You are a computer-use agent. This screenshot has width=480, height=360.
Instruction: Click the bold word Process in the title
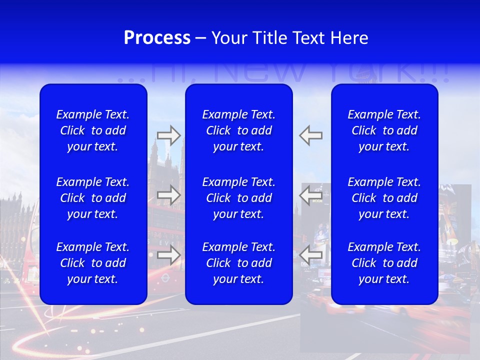(157, 38)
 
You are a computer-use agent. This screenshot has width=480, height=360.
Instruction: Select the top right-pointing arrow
(168, 135)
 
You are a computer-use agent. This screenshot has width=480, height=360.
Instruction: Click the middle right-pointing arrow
(168, 195)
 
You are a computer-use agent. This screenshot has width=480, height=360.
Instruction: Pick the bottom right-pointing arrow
(168, 254)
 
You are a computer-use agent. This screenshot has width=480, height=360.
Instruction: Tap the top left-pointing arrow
(311, 135)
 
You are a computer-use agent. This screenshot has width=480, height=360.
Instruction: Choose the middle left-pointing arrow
(311, 195)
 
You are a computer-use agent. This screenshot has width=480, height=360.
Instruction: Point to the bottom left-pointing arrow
(311, 254)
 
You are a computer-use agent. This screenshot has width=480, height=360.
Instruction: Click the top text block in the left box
(93, 130)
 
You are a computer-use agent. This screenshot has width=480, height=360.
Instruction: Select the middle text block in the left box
(93, 198)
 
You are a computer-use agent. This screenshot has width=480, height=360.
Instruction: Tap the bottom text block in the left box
(93, 263)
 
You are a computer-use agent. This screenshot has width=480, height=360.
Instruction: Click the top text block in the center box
(238, 130)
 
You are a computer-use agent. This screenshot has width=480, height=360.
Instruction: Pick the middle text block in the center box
(238, 198)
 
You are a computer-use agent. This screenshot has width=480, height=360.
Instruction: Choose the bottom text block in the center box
(238, 263)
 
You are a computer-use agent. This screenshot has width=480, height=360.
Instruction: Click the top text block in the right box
(384, 130)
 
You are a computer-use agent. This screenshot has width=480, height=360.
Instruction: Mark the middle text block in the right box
(384, 198)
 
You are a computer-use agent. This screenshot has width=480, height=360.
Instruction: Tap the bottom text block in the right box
(384, 263)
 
